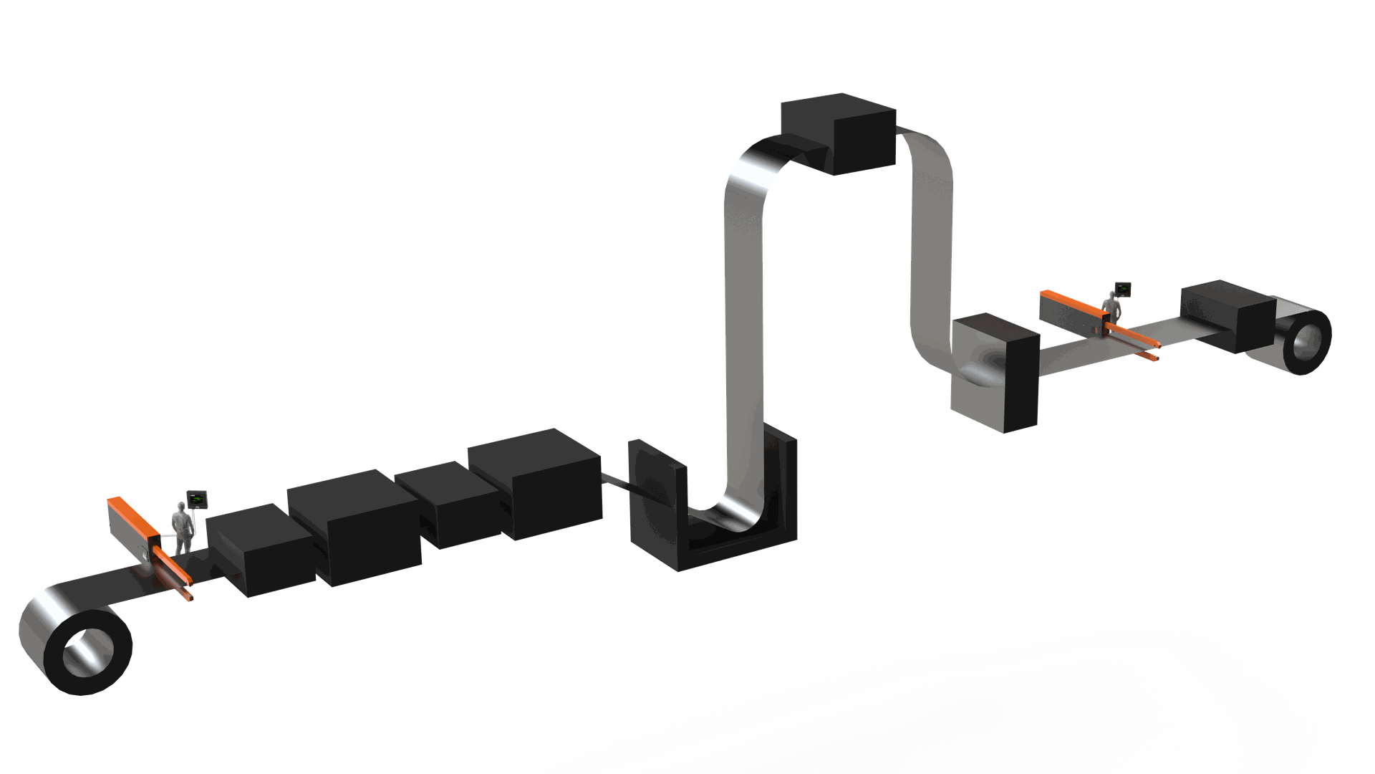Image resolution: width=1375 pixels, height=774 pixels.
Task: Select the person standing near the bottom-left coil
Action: point(183,528)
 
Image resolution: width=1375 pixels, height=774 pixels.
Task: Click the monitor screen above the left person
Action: point(196,496)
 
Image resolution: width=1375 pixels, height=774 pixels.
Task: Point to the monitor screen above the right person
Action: point(1122,290)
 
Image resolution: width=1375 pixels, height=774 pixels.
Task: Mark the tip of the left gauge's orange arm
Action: point(191,599)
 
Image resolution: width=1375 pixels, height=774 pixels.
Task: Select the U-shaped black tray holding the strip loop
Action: point(738,530)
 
